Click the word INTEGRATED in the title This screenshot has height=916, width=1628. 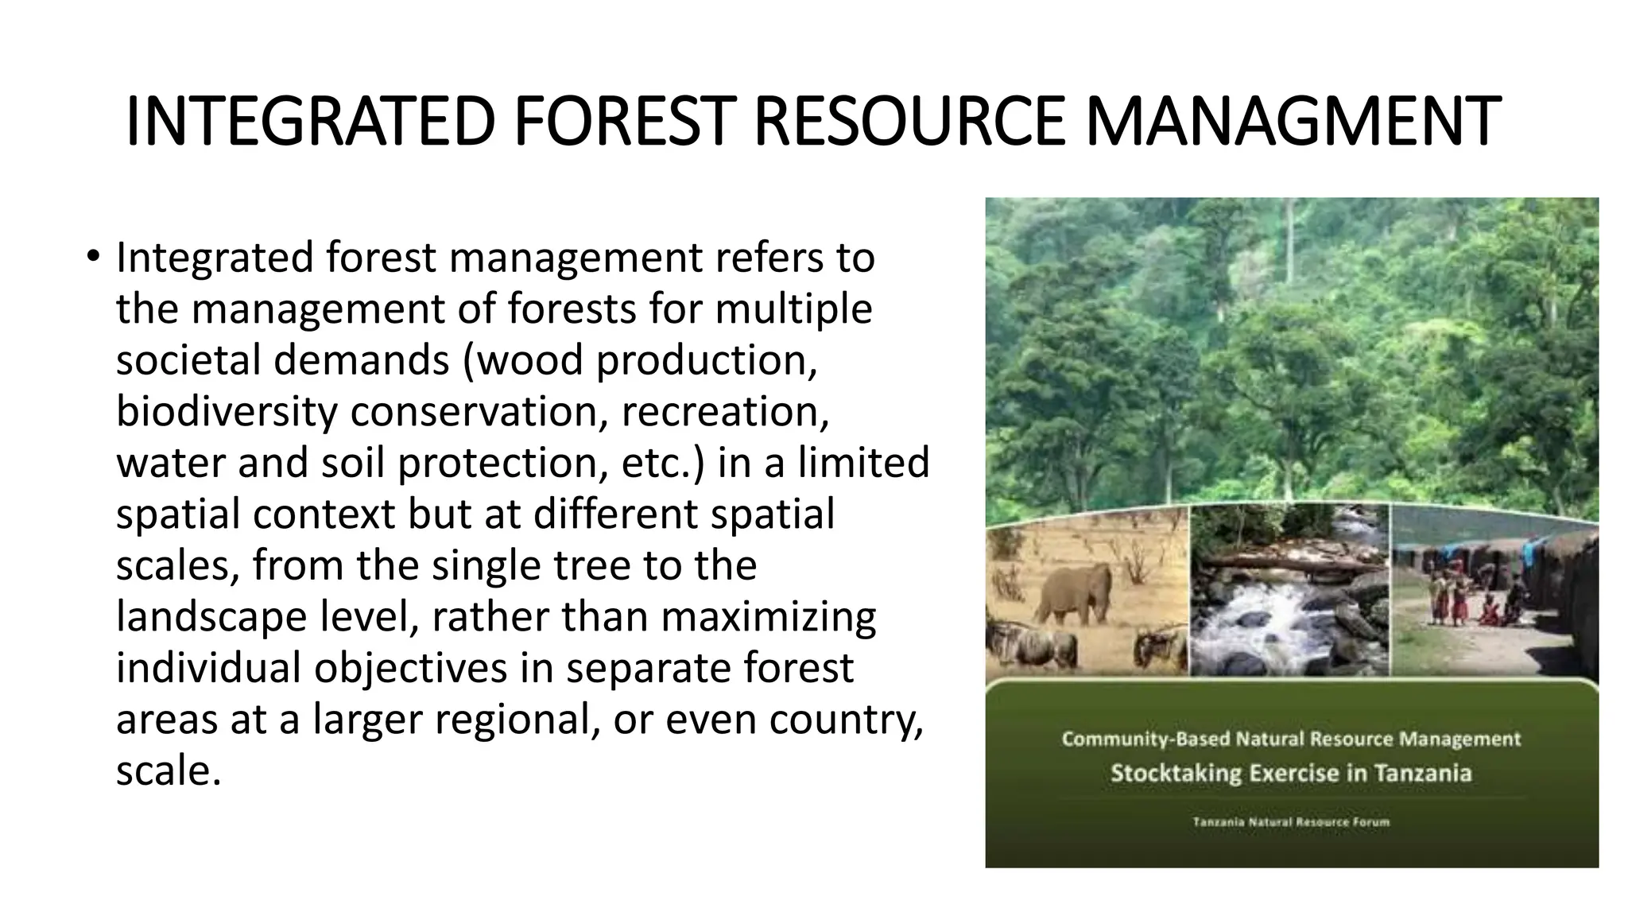[x=311, y=122]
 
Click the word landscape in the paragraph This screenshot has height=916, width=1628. [x=211, y=616]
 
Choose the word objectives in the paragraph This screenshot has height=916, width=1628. [x=410, y=668]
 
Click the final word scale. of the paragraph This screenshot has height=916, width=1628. [x=168, y=770]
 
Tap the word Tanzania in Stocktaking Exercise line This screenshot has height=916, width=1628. [x=1423, y=773]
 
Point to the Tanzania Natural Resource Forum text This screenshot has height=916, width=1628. [x=1291, y=822]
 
